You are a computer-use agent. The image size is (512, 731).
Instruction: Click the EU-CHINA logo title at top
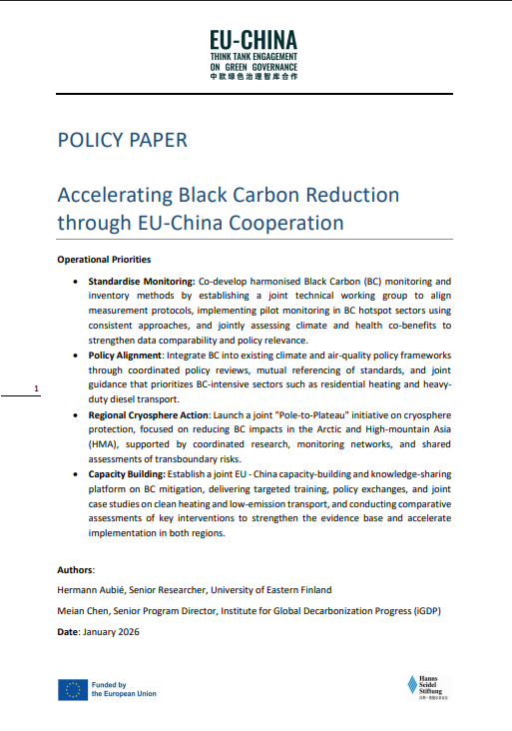click(253, 39)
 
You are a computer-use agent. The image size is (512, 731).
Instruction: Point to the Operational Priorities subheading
click(104, 260)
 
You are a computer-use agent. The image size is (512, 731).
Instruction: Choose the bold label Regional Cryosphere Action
click(148, 413)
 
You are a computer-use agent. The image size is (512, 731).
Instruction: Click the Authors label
click(76, 569)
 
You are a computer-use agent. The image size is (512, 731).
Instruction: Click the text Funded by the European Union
click(124, 689)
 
